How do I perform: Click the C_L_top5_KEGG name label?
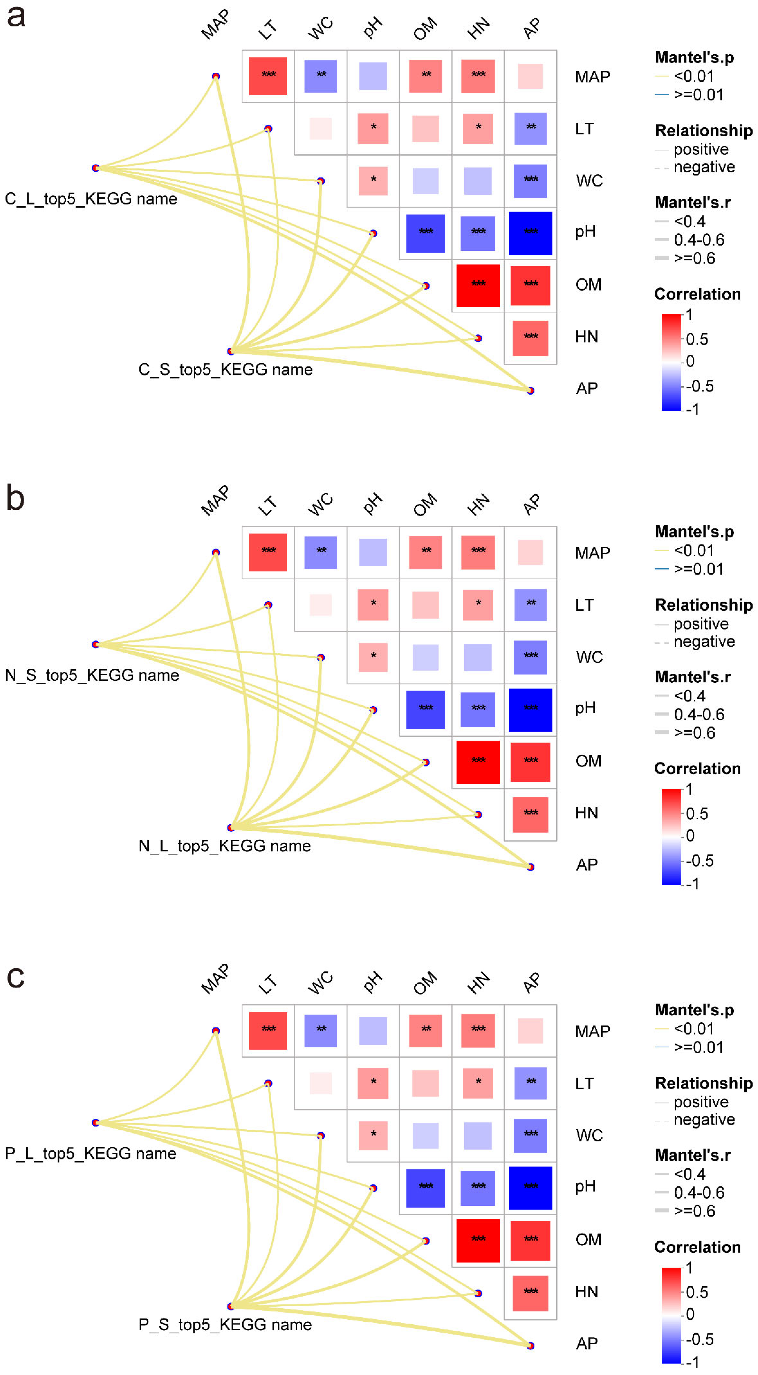(91, 199)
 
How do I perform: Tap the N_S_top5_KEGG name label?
(92, 675)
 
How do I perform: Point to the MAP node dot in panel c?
(216, 1031)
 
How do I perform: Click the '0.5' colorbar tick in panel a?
(697, 339)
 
